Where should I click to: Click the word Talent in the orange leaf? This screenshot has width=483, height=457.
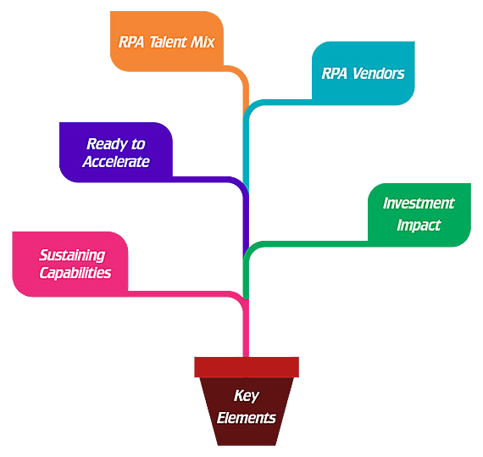point(169,42)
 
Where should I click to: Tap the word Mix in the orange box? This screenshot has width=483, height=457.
point(202,42)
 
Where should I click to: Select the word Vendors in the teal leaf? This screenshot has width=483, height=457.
point(378,74)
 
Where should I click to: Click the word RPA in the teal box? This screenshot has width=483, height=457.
point(336,74)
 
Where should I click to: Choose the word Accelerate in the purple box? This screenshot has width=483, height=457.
point(116,162)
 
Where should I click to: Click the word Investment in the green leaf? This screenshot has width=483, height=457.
point(419,203)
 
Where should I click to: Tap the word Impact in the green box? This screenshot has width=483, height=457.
point(419,225)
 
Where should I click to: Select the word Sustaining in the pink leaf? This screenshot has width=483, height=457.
point(72,255)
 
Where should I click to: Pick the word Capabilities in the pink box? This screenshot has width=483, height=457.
point(75,273)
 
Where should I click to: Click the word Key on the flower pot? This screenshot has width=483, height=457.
point(246,396)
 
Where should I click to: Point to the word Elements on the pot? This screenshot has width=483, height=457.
point(246,418)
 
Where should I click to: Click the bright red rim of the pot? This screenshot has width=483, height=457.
point(247,367)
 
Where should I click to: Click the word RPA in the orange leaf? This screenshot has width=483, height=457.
point(131,42)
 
